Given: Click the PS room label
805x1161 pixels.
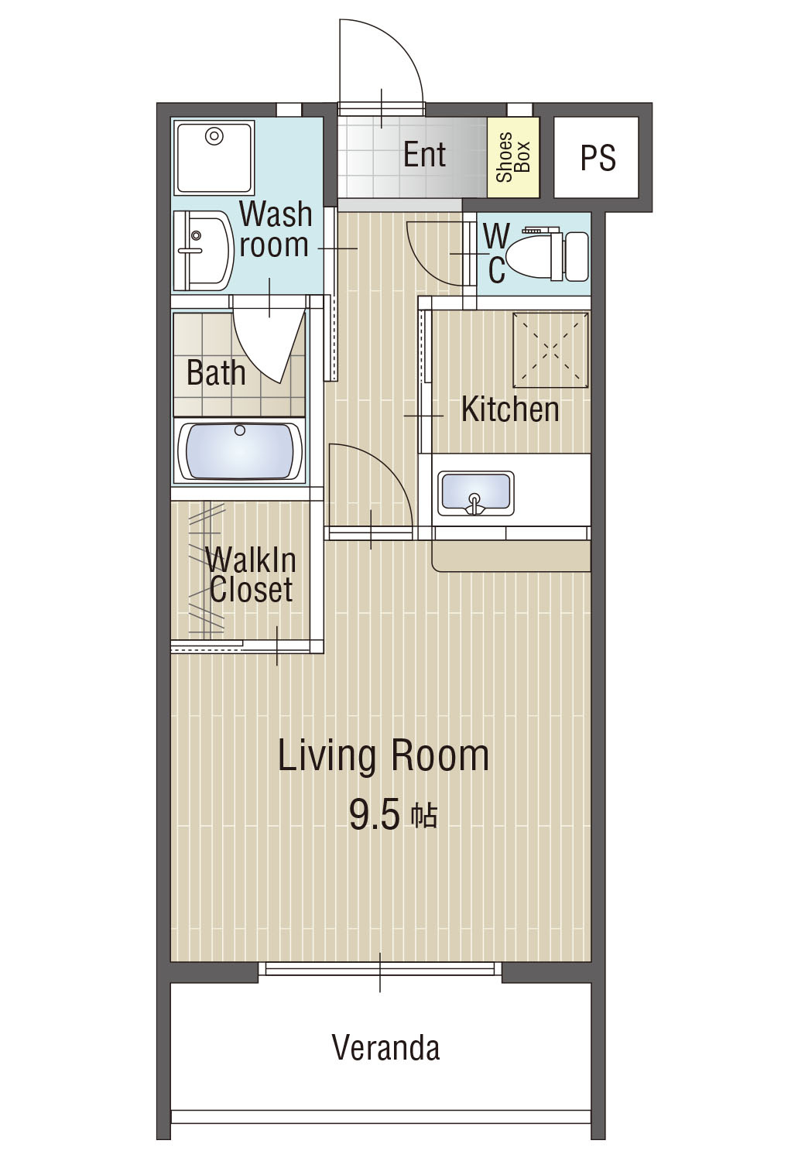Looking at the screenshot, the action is (x=598, y=158).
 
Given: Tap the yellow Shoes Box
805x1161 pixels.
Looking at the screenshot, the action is (x=512, y=158).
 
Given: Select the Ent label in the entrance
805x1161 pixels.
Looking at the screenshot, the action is (x=424, y=154).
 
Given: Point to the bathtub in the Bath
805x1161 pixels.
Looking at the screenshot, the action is (x=239, y=451).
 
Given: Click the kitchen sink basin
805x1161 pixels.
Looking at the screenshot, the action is (x=475, y=494).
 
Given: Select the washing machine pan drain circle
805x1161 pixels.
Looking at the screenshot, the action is (x=214, y=137).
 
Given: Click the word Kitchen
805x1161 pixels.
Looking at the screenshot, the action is (x=510, y=409).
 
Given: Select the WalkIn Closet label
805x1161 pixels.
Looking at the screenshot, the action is (x=251, y=575).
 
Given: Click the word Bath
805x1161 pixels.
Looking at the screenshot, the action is (x=216, y=372).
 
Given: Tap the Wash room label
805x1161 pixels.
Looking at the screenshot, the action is (x=276, y=230).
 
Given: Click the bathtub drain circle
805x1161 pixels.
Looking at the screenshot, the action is (x=239, y=430).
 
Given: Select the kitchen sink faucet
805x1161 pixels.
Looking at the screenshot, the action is (x=474, y=505).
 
